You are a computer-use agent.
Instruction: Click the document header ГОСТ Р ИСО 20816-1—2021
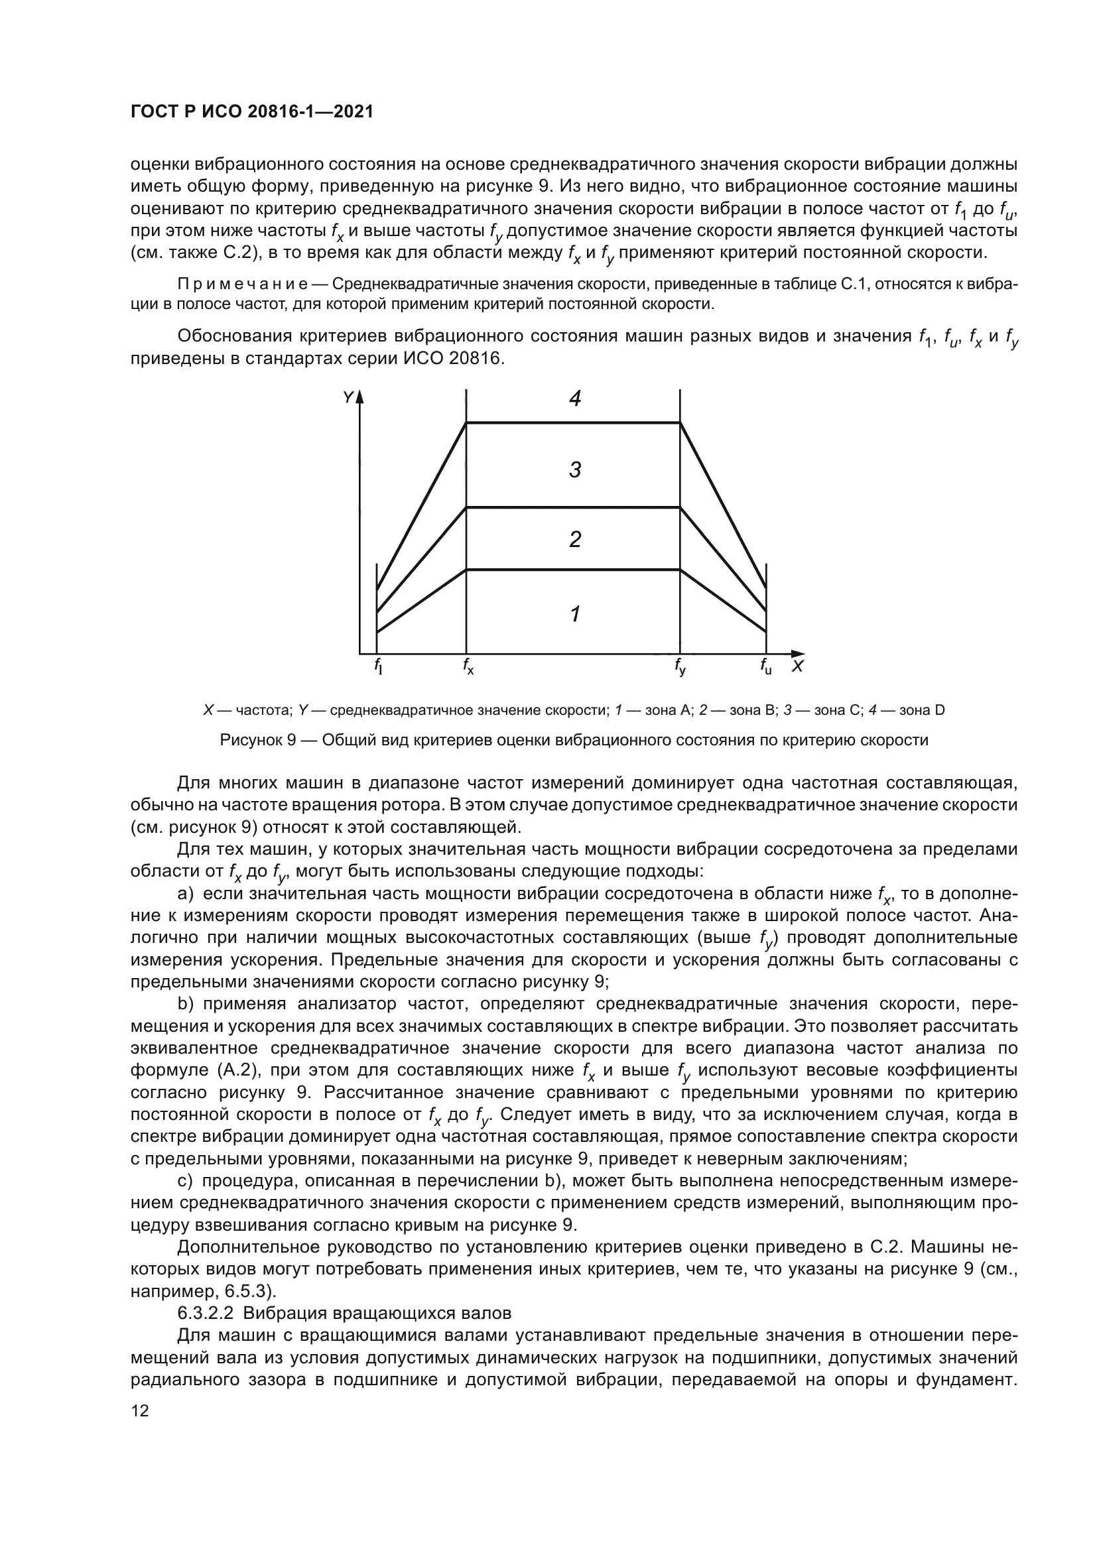point(251,112)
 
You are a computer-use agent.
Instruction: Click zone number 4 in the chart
point(575,399)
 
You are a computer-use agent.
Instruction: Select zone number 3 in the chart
point(575,469)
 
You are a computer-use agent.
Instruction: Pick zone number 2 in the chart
point(575,539)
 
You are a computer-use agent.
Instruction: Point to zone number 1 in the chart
point(575,614)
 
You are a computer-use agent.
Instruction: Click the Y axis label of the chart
point(348,398)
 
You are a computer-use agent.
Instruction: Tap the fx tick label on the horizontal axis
point(468,666)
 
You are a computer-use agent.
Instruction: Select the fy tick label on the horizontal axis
point(680,668)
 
